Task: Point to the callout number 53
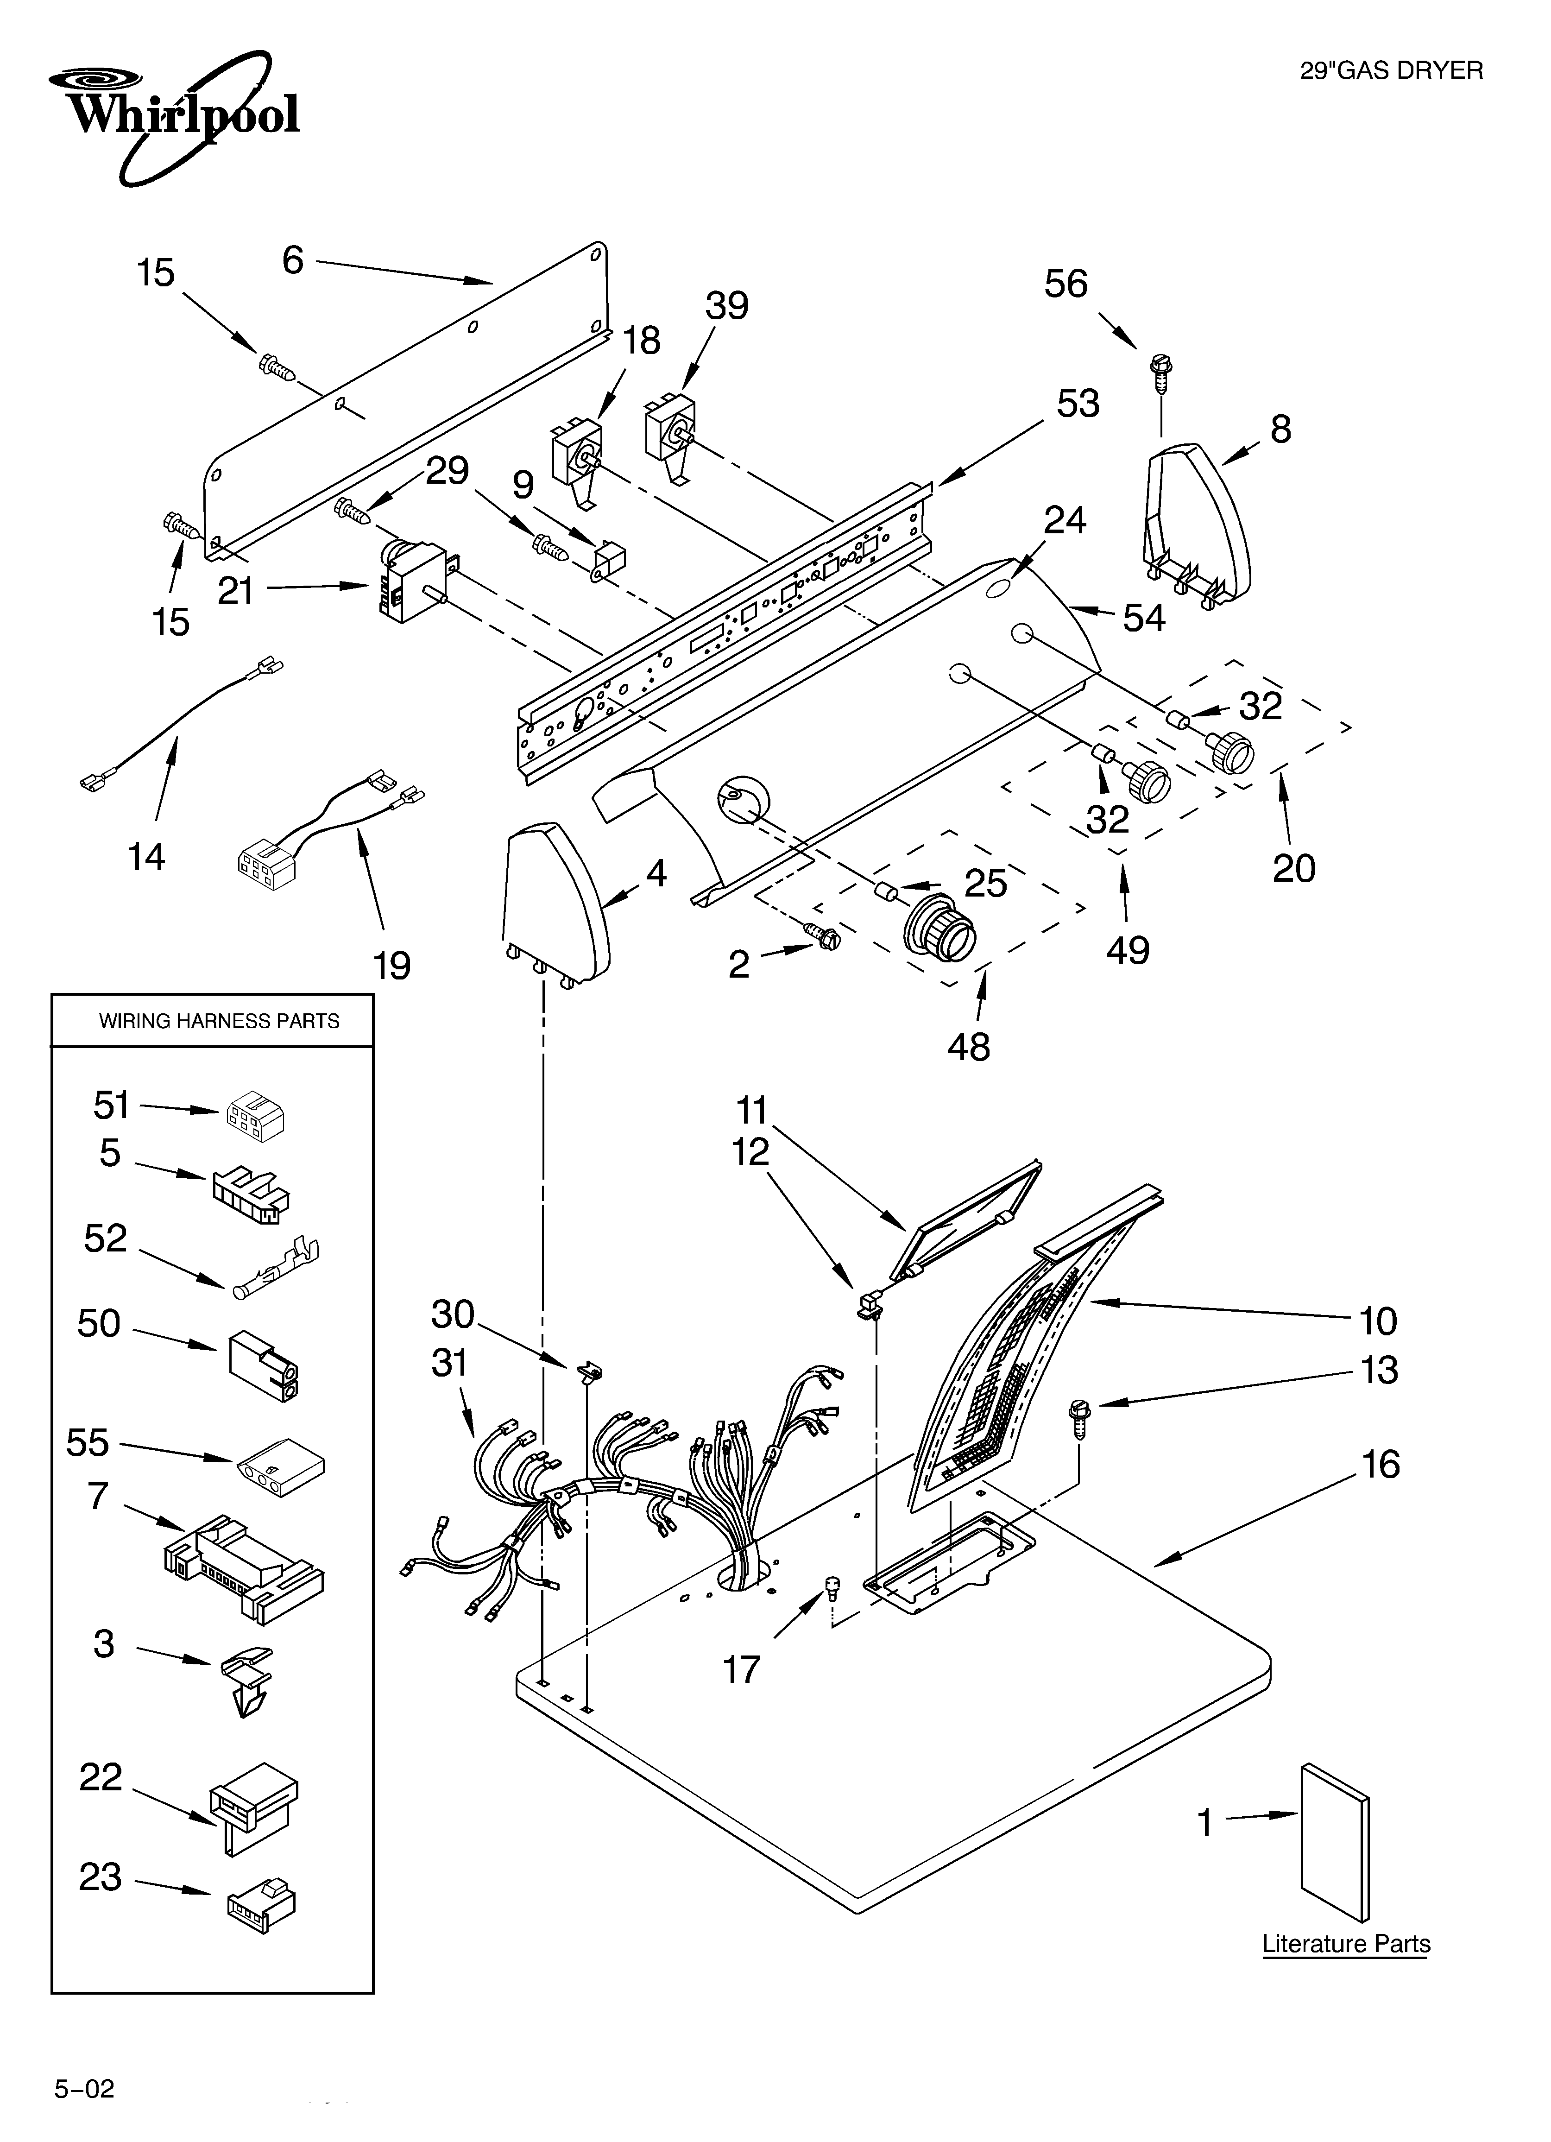point(1078,403)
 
